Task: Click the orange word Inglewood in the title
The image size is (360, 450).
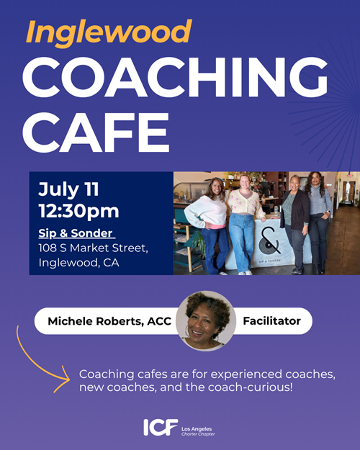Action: (109, 33)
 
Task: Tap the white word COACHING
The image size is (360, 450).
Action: (175, 78)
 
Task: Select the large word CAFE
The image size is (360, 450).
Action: (96, 132)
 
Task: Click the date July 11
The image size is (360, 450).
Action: (68, 189)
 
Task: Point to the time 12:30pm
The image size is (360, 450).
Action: (78, 211)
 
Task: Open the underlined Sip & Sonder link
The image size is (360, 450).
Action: (76, 233)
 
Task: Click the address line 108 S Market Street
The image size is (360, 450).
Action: (94, 248)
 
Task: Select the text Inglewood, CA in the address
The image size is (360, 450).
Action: (78, 263)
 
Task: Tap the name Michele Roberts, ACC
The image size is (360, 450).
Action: (109, 321)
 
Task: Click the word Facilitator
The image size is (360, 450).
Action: (272, 321)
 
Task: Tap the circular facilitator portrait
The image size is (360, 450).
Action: (206, 321)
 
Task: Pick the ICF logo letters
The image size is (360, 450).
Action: (161, 428)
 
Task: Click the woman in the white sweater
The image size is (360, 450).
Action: (210, 226)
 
